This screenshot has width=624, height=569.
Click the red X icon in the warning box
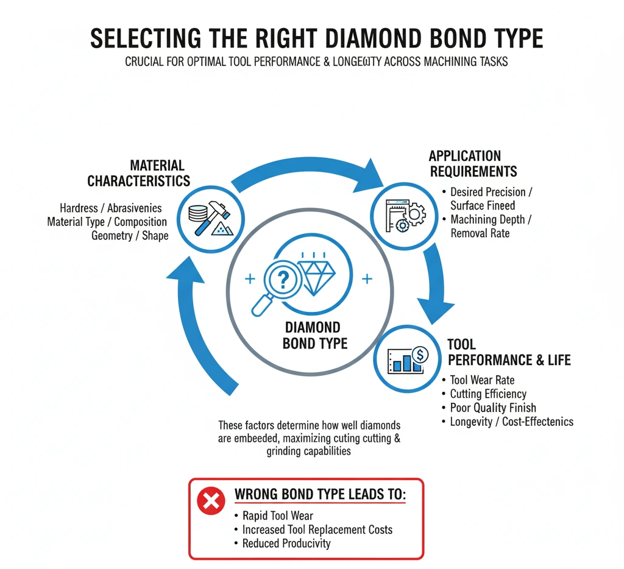[x=211, y=501]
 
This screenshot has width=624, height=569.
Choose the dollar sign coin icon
[x=419, y=353]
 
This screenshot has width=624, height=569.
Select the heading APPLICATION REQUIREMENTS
[x=473, y=163]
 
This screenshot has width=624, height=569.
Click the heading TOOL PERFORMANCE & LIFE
[x=509, y=352]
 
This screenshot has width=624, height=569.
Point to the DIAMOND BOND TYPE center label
[x=315, y=336]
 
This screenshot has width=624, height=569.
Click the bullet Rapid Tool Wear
[x=277, y=516]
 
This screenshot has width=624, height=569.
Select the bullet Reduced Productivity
[x=286, y=543]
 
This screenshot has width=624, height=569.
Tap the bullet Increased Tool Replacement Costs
[x=317, y=529]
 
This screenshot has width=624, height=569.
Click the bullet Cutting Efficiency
[x=487, y=394]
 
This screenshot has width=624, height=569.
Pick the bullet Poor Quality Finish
[x=492, y=408]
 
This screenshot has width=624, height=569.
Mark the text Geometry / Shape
[x=130, y=235]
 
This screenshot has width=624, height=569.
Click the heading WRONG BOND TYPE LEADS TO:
[x=320, y=495]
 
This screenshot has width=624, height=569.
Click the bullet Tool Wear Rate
[x=481, y=380]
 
